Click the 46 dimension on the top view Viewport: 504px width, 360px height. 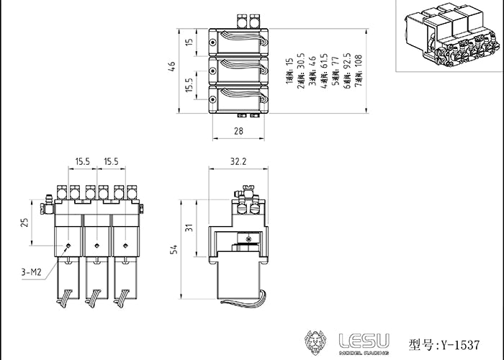click(x=171, y=66)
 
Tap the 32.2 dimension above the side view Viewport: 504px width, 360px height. click(x=238, y=163)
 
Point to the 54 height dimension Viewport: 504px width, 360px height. click(x=173, y=249)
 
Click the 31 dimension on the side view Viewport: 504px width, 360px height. click(x=189, y=228)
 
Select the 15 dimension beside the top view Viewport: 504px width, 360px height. click(x=189, y=43)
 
